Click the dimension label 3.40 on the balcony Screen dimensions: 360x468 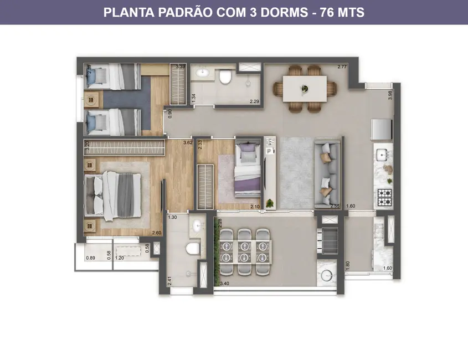tap(224, 284)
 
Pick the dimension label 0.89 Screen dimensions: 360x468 tap(90, 258)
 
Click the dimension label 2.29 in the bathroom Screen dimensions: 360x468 tap(254, 101)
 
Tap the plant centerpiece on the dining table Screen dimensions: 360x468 tap(304, 88)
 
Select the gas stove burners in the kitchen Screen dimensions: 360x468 tap(384, 194)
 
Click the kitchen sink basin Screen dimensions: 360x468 tap(382, 154)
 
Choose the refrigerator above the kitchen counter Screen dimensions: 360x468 tap(381, 130)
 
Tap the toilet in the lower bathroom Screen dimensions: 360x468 tap(192, 247)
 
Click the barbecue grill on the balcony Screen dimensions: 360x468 tap(328, 240)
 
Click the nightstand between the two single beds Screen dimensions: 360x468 tap(91, 100)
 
